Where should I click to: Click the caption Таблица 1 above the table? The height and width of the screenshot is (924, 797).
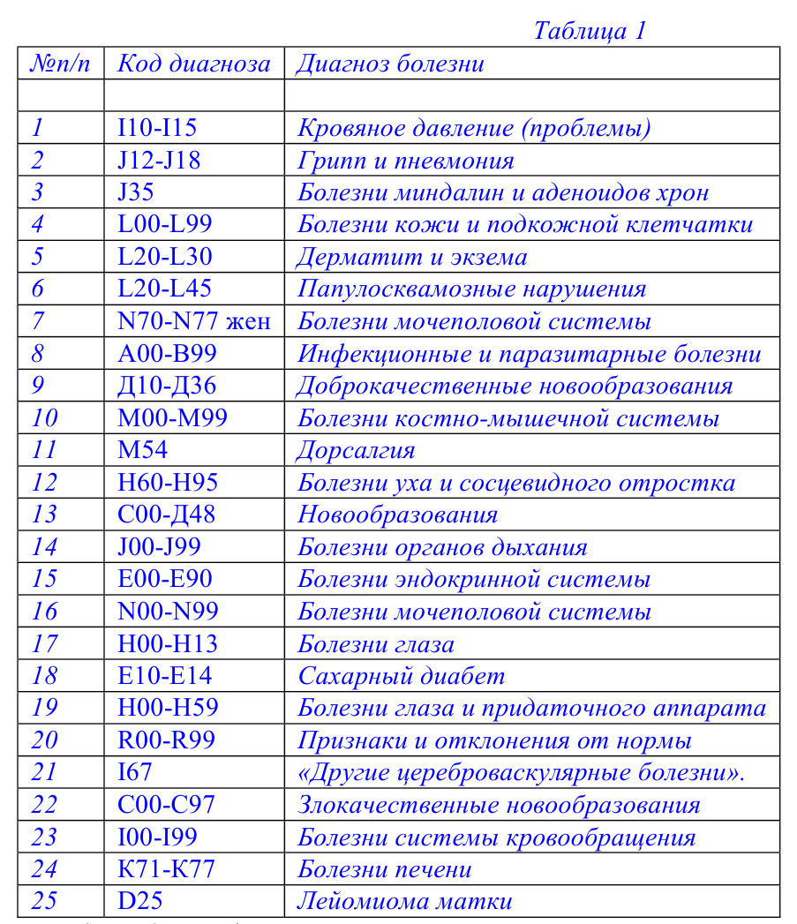click(x=590, y=31)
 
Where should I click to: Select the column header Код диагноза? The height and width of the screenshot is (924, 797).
click(x=193, y=64)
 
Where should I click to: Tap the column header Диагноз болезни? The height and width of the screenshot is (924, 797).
click(x=390, y=64)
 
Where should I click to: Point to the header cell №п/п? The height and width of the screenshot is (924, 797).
click(x=61, y=64)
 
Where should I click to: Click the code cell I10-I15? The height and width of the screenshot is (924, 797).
click(x=157, y=128)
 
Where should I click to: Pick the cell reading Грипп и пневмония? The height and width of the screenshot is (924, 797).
click(x=405, y=161)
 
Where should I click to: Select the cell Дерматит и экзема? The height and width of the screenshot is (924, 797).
click(x=412, y=257)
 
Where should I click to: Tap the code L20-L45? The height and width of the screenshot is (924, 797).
click(x=164, y=289)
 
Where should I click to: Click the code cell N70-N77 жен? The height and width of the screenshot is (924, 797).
click(x=193, y=321)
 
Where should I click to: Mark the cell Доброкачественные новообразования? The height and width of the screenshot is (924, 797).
click(x=515, y=386)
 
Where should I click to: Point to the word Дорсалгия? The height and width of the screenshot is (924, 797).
click(x=356, y=450)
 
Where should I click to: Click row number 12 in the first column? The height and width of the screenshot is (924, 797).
click(x=44, y=483)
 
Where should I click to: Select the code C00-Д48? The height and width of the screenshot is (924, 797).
click(x=166, y=515)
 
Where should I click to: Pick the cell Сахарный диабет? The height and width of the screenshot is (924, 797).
click(x=401, y=676)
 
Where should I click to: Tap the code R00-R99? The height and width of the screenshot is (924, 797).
click(x=166, y=740)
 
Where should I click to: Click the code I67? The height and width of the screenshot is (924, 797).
click(x=134, y=772)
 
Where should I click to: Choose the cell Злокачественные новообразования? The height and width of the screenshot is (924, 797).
click(x=499, y=805)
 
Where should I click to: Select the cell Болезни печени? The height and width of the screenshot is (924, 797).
click(x=384, y=869)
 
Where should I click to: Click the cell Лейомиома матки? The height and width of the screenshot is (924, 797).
click(x=404, y=901)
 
